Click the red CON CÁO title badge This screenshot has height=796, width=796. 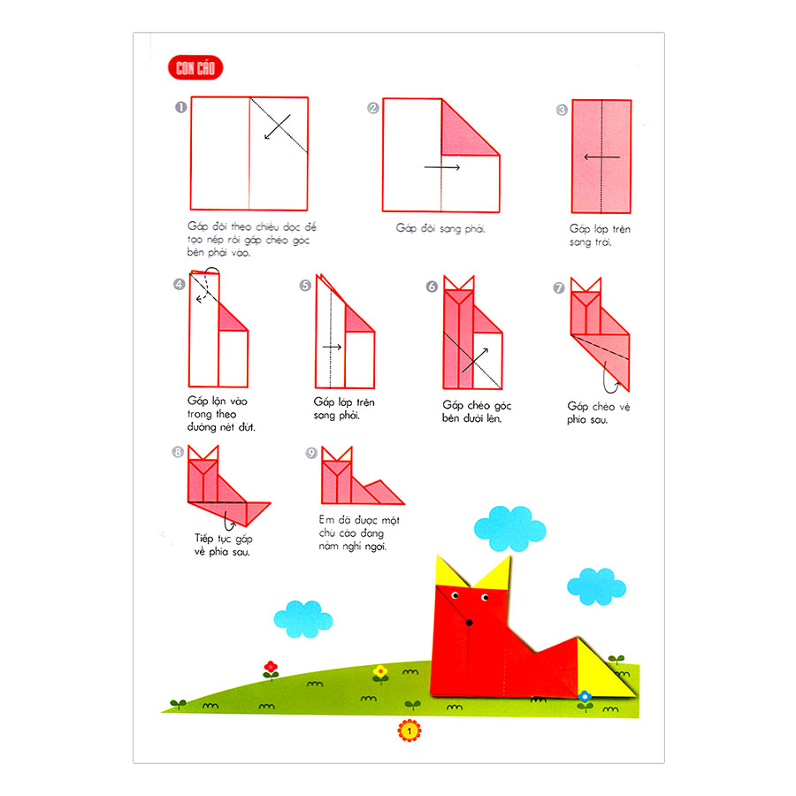coord(195,69)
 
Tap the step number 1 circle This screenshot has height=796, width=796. coord(180,108)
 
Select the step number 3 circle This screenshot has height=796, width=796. coord(562,111)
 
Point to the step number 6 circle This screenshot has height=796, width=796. coord(432,287)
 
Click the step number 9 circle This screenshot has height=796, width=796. coord(311,453)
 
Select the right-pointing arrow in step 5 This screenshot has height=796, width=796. coord(332,348)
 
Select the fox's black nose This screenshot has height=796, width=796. coord(469,620)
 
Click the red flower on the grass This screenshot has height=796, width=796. coord(271,667)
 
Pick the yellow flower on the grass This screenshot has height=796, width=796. coord(380,671)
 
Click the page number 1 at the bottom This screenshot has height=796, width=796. coord(409,731)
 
